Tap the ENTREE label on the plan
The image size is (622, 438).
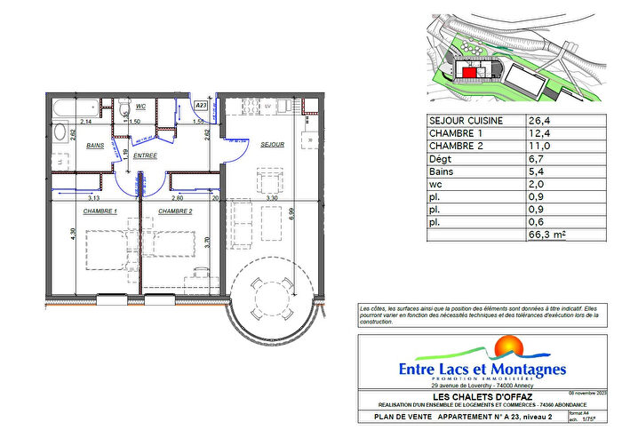tap(146, 155)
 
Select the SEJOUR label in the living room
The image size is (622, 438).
tap(271, 145)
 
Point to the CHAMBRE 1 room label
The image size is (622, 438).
tap(100, 211)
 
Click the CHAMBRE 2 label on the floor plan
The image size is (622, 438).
tap(176, 211)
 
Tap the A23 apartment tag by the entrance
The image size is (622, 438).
tap(201, 105)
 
